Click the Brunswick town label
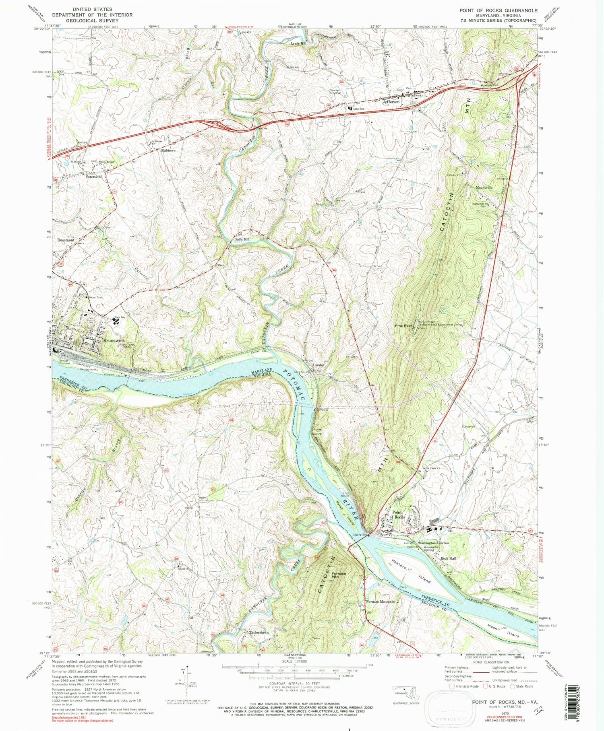[114, 341]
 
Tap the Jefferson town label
[391, 102]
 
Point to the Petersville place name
[94, 177]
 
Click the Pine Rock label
[403, 325]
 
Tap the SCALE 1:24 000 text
[294, 661]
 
